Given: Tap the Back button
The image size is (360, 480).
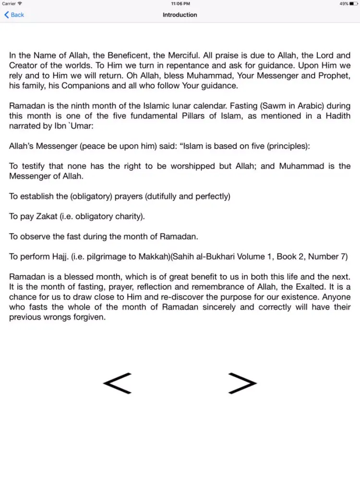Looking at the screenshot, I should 14,15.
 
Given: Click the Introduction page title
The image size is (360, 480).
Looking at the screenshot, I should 180,15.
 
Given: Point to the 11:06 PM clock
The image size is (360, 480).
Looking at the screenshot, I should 180,3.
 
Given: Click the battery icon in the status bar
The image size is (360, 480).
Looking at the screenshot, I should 353,3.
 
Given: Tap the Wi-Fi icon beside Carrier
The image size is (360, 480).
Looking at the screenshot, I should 20,3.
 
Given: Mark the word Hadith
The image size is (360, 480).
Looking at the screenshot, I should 337,116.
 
